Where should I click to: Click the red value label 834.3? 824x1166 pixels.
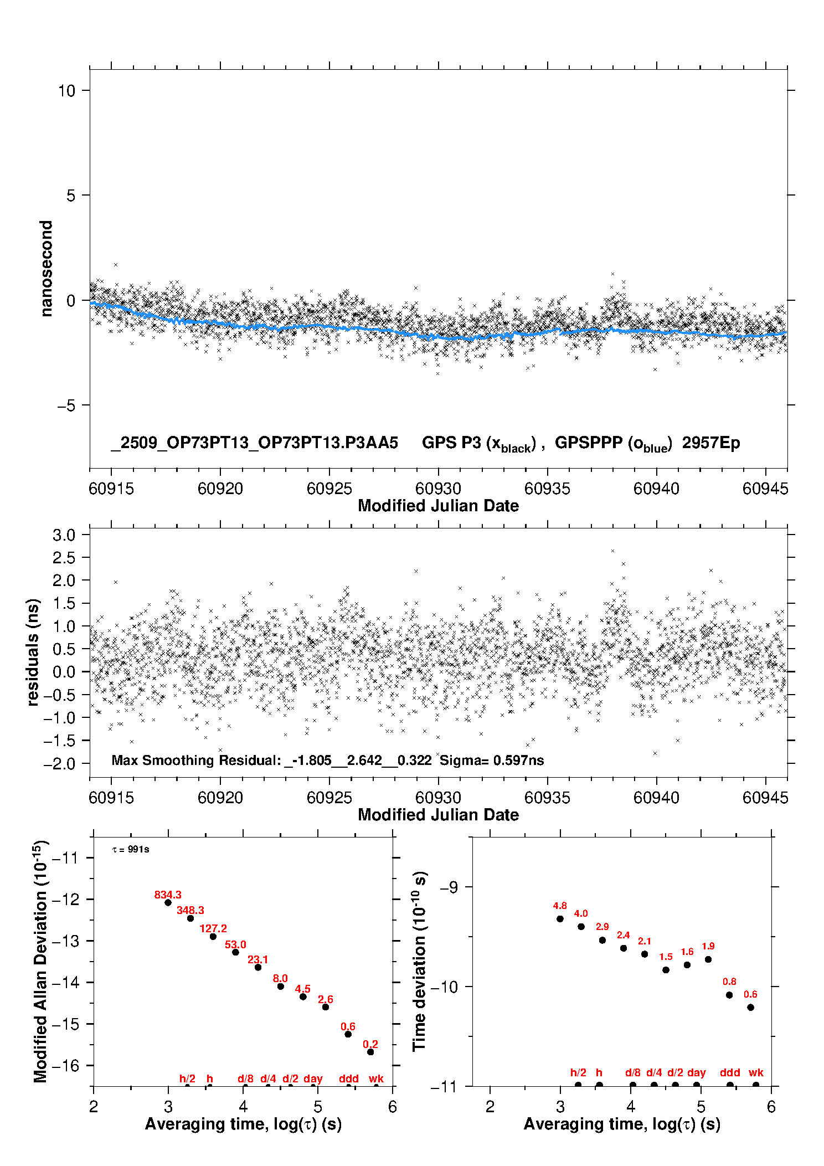tap(168, 895)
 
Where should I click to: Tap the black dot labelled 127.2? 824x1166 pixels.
tap(213, 936)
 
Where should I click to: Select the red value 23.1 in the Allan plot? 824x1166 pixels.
tap(257, 959)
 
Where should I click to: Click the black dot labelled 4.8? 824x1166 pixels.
tap(560, 918)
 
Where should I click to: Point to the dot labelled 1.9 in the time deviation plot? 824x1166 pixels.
tap(708, 959)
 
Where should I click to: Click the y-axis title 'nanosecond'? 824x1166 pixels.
tap(47, 269)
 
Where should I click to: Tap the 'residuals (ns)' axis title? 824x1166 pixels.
tap(33, 652)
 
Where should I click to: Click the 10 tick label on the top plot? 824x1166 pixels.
tap(67, 91)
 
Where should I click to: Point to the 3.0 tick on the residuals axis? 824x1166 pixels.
tap(64, 535)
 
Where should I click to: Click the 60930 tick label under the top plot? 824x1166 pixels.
tap(438, 489)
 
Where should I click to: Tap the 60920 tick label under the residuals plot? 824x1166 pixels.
tap(220, 798)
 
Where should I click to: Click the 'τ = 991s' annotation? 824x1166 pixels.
tap(131, 850)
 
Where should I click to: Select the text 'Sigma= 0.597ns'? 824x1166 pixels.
tap(492, 760)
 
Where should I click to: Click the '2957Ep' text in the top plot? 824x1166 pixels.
tap(711, 443)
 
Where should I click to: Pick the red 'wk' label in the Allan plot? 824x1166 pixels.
tap(376, 1078)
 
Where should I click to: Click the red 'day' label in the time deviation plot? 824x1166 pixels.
tap(696, 1072)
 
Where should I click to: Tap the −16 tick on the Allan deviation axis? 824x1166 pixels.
tap(65, 1065)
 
